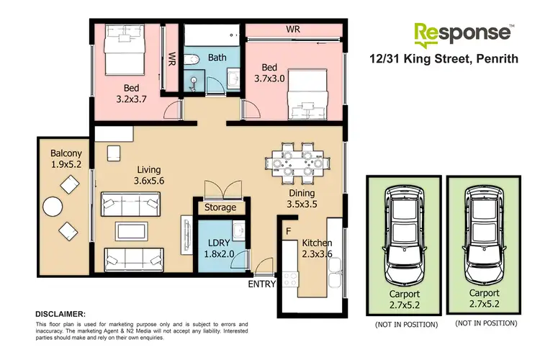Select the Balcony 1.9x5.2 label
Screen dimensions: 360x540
tap(66, 159)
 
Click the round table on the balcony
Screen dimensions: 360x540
tap(53, 208)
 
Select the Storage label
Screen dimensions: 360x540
tap(220, 207)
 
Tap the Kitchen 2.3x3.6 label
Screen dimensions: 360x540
tap(317, 248)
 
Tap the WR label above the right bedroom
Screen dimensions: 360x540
tap(292, 30)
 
